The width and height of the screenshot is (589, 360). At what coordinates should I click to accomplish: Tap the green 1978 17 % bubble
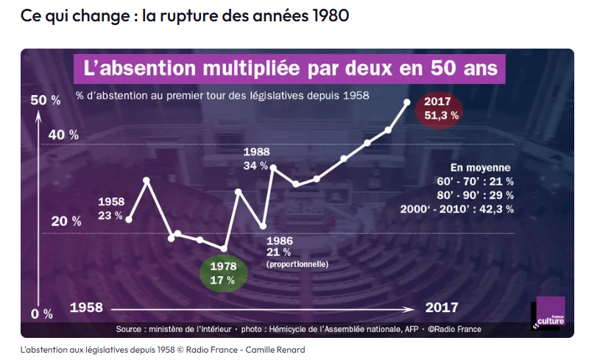222,272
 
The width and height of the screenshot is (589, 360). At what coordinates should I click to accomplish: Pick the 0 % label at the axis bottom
41,314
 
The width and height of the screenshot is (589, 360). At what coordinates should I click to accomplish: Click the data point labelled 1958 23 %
129,219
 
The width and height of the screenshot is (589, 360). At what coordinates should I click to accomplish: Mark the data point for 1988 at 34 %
273,168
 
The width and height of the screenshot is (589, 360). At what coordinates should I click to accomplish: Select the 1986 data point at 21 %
263,225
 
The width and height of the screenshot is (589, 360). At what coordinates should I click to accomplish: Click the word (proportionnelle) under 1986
297,264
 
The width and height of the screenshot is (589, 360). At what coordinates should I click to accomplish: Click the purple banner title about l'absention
291,71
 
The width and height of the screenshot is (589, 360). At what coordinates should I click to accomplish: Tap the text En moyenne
481,167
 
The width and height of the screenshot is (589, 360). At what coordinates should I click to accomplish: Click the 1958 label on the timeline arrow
86,307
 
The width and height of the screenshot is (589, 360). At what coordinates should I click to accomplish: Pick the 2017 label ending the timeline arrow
442,307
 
